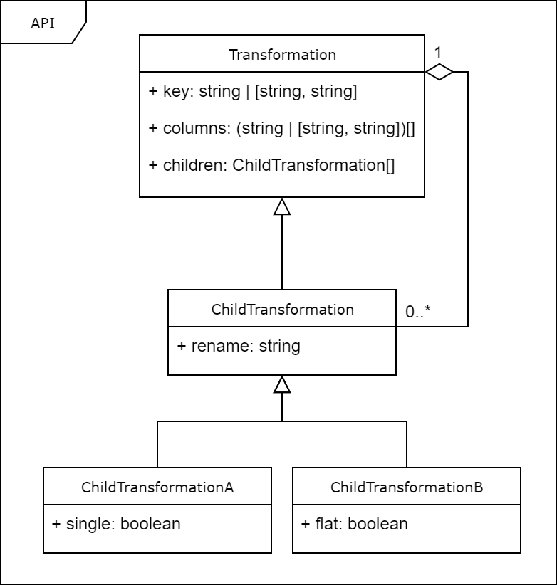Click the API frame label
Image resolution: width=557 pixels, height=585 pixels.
43,23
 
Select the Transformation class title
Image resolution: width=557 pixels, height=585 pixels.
282,55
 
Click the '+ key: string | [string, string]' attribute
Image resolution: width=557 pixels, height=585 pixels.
253,92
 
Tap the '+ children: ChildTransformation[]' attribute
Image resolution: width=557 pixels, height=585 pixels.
271,166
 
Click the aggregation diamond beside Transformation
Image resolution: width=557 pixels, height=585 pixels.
439,72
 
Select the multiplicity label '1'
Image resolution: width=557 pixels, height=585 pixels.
438,53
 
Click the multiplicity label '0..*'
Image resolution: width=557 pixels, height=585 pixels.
418,311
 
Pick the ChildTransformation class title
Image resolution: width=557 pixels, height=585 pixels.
282,310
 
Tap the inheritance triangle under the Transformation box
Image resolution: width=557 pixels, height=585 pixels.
282,206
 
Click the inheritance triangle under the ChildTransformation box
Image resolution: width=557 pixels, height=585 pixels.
282,384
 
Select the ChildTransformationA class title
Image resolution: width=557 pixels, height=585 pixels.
157,487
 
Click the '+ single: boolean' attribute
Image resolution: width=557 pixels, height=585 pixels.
116,525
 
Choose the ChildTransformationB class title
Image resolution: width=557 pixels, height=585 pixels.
407,487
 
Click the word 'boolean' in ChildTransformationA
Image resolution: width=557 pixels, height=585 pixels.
150,525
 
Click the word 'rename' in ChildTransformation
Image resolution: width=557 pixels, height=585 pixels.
213,347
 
